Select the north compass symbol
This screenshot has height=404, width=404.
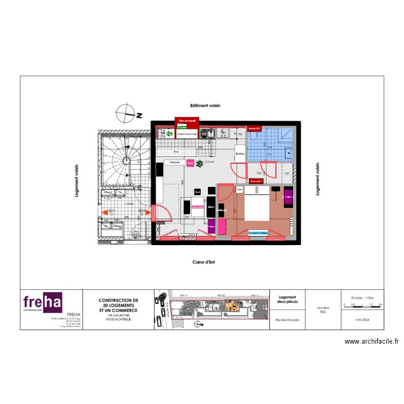pos(127,114)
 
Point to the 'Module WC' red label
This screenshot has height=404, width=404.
pos(255,128)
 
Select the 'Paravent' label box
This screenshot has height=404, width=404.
pos(175,162)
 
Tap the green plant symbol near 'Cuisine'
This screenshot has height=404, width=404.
pos(199,162)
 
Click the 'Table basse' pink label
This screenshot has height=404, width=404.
pos(197,206)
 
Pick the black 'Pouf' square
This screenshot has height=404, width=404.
pos(198,191)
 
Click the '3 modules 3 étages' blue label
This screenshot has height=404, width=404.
pos(257,233)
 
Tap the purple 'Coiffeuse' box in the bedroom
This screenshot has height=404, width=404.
pos(288,197)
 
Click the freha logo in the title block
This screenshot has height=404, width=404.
pos(43,303)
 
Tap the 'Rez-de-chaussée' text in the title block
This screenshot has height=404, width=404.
pos(288,319)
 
